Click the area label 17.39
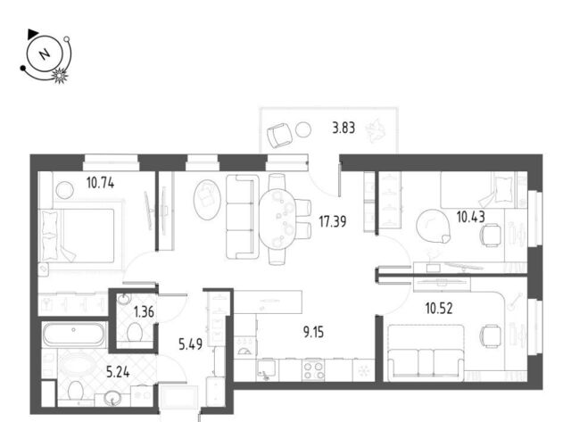(x=333, y=221)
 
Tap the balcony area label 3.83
(x=343, y=128)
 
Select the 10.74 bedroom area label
(x=100, y=183)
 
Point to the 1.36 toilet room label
(x=144, y=312)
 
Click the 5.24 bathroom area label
(x=118, y=372)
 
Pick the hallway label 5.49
(x=190, y=343)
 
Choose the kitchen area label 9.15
(x=313, y=332)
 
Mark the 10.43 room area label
(x=471, y=218)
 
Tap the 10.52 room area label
(x=439, y=309)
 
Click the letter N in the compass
(x=45, y=54)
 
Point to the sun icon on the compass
(x=60, y=75)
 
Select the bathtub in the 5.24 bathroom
(x=73, y=334)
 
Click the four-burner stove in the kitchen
(x=313, y=370)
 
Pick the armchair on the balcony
(x=279, y=135)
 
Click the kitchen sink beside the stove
(x=268, y=370)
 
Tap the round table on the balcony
(x=303, y=129)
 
